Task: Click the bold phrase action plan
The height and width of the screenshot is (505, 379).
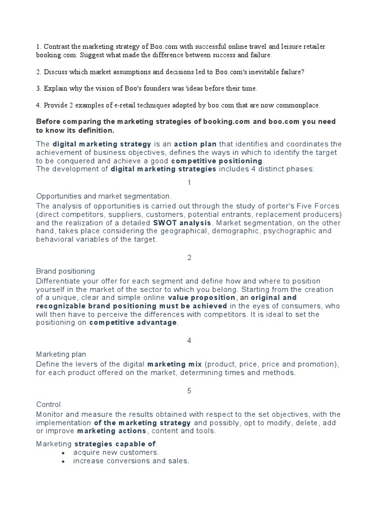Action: (x=195, y=144)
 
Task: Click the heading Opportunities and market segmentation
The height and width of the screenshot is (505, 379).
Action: (x=104, y=196)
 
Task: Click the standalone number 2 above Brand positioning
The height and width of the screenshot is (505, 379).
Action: (x=189, y=258)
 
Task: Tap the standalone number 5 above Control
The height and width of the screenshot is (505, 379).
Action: (x=189, y=391)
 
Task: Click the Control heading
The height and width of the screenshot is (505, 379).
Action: (x=48, y=404)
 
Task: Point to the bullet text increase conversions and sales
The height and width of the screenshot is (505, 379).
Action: (x=131, y=461)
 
